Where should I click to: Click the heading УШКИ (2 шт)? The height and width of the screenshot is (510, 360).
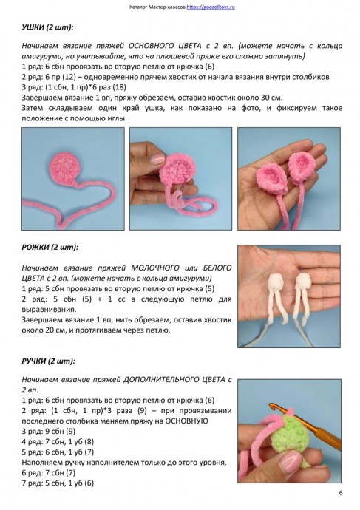[x=48, y=28]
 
